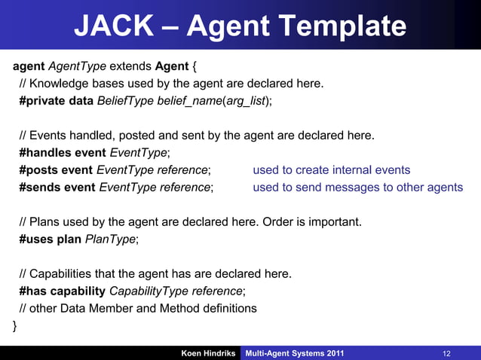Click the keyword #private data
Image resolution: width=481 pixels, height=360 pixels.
click(57, 101)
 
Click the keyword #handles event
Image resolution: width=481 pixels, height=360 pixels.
click(63, 153)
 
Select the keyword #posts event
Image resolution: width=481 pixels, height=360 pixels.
click(57, 170)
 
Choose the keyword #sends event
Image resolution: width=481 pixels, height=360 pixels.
click(58, 187)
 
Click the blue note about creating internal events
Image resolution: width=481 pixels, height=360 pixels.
click(331, 170)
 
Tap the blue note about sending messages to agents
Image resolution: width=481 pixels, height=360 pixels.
click(357, 187)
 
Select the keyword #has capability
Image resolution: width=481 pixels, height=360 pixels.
click(63, 291)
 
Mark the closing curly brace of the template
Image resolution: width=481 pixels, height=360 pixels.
click(14, 325)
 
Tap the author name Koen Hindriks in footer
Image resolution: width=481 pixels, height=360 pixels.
click(208, 353)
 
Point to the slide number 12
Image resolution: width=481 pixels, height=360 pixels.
click(446, 353)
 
